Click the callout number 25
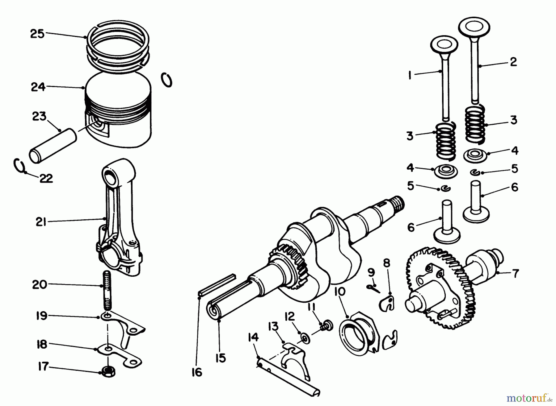coord(37,34)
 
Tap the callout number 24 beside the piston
coord(38,87)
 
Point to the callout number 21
coord(41,222)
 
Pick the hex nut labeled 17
coord(108,371)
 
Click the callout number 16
coord(197,372)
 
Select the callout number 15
coord(221,358)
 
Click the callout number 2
coord(513,62)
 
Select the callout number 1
coord(410,75)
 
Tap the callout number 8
coord(386,263)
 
